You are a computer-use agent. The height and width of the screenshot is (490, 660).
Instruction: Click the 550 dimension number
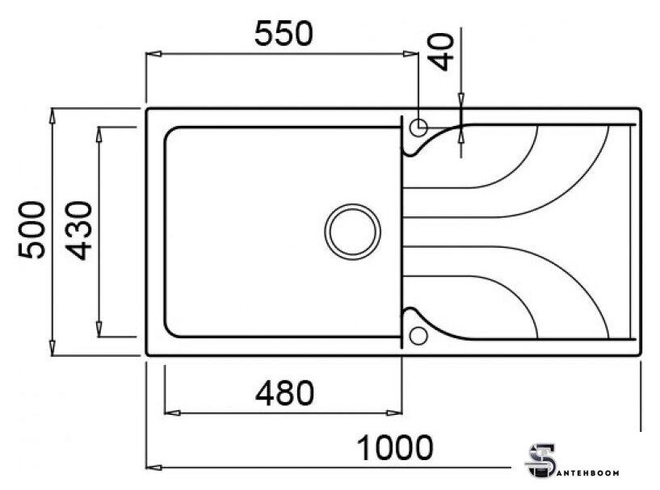pos(284,34)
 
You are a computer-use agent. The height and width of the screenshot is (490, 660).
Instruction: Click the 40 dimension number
pos(441,52)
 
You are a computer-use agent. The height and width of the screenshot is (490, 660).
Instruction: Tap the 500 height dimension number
pos(32,229)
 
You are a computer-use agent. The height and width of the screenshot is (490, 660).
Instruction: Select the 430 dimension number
pos(79,231)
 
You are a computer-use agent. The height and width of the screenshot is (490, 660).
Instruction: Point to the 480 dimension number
pos(284,393)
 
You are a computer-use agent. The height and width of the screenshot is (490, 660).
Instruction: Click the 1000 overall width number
pos(395,448)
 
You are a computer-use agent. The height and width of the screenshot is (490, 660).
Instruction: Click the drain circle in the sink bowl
pos(353,232)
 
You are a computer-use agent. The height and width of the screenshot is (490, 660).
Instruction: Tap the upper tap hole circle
pos(418,127)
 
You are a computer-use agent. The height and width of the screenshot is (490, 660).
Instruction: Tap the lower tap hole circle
pos(418,336)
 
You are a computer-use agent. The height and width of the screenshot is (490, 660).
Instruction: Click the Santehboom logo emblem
pos(540,462)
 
